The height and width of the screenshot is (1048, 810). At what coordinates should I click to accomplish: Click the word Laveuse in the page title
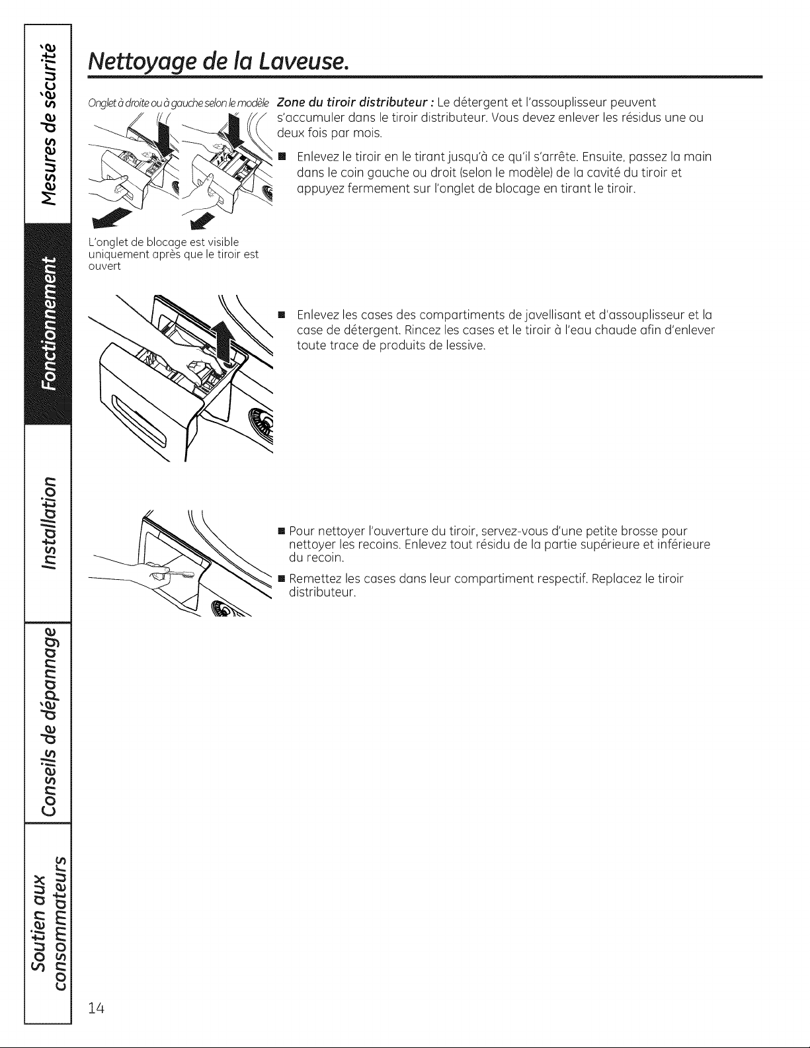303,61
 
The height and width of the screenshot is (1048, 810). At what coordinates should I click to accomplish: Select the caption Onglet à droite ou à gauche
145,103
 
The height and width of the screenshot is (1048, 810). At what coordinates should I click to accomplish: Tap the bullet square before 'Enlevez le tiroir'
282,157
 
